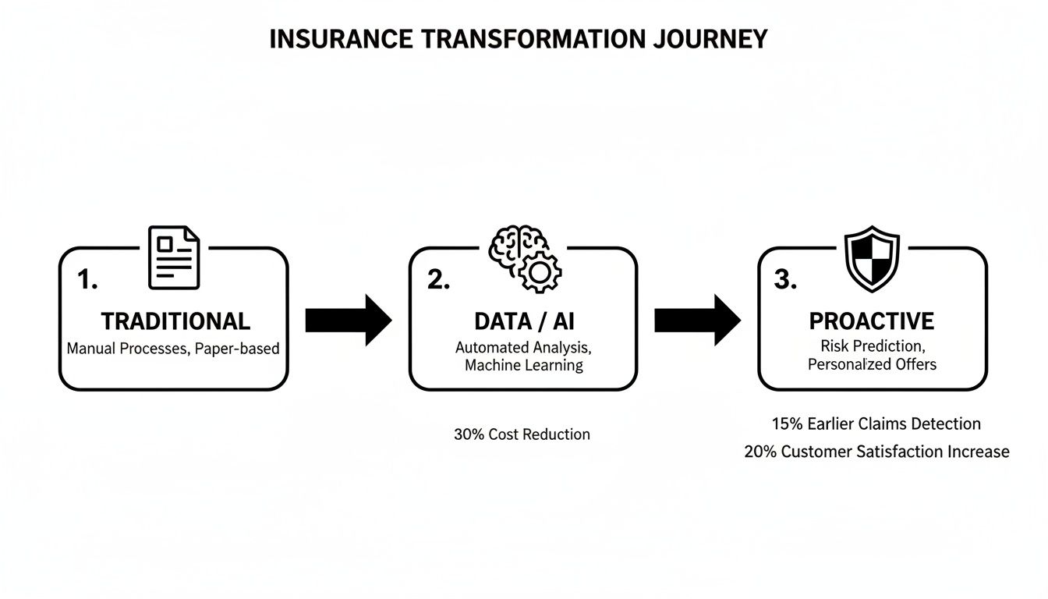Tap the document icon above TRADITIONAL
174,257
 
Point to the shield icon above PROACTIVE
872,258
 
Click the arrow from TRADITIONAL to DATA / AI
348,320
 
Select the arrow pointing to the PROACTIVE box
696,320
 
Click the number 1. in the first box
87,281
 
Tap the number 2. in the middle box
438,281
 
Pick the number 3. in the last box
785,281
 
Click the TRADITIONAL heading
175,321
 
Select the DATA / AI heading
524,321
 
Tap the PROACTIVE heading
871,321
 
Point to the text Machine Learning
523,365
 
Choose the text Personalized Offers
872,364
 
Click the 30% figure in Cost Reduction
469,434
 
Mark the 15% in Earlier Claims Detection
787,424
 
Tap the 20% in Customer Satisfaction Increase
760,452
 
